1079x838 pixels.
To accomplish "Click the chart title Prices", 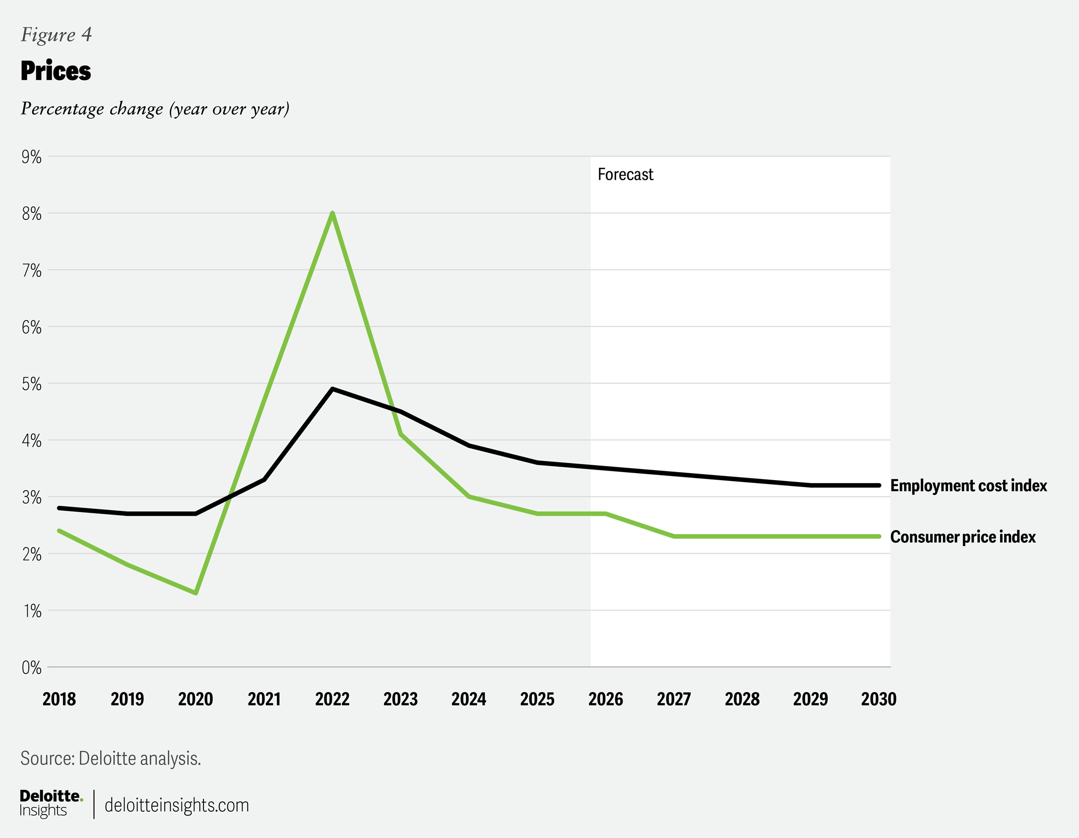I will tap(56, 71).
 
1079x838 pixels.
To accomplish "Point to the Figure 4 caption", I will tap(56, 35).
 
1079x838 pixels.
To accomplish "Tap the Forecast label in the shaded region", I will tap(625, 174).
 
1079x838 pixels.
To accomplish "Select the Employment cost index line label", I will tap(968, 486).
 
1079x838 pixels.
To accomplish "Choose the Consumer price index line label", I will tap(963, 537).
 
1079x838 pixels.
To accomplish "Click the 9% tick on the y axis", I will tap(31, 157).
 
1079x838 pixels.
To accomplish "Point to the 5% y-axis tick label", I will tap(31, 384).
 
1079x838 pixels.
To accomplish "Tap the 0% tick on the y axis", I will tap(31, 668).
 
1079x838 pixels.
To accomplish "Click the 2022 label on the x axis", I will tap(332, 699).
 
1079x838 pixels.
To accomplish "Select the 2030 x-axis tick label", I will tap(879, 699).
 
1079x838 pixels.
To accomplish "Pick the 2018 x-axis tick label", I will tap(59, 699).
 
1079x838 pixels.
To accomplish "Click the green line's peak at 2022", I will tap(332, 213).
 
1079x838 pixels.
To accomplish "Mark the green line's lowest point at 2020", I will tap(196, 593).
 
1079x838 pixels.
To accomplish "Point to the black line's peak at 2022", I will tap(332, 389).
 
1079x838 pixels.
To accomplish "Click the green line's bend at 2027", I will tap(674, 536).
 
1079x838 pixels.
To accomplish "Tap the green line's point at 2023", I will tap(401, 434).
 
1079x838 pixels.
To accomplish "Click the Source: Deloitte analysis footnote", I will tap(111, 759).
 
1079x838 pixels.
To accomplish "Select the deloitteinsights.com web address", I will tap(177, 805).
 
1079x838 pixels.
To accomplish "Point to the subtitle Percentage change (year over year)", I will tap(155, 109).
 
